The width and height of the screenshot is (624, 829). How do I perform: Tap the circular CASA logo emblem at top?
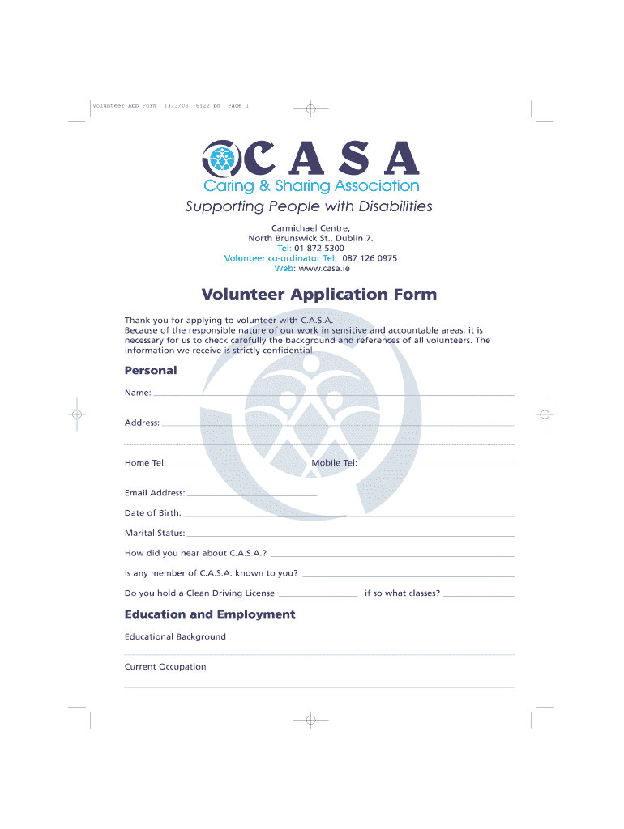pos(221,159)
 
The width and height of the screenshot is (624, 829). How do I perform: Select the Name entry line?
pos(332,393)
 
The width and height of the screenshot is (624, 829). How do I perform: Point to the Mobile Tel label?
pos(334,463)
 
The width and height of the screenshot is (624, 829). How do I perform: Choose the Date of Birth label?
pos(152,513)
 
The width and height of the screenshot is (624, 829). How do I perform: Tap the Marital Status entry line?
pos(350,534)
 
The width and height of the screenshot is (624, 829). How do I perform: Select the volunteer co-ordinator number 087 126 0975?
pos(368,258)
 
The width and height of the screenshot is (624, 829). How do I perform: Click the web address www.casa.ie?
pos(324,268)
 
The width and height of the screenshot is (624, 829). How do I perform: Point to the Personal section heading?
pos(150,371)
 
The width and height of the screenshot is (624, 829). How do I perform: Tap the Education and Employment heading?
pos(210,614)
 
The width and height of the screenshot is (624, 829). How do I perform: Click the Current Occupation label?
pos(165,667)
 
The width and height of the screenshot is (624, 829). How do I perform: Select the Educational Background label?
pos(175,636)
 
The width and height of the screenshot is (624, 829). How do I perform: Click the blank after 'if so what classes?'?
pos(479,595)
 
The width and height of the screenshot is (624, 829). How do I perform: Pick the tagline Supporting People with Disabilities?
pos(309,206)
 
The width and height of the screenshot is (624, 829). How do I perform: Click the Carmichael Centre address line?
pos(310,228)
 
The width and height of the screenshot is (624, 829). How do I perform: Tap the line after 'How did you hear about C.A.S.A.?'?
pos(392,555)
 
